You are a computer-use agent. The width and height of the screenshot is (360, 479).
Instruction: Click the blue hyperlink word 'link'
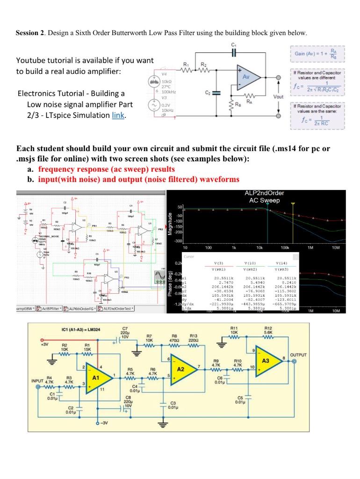[x=118, y=115]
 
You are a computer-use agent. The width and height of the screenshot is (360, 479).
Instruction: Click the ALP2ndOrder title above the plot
[x=264, y=193]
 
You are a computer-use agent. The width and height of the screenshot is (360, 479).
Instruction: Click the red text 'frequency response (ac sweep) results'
[x=107, y=169]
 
